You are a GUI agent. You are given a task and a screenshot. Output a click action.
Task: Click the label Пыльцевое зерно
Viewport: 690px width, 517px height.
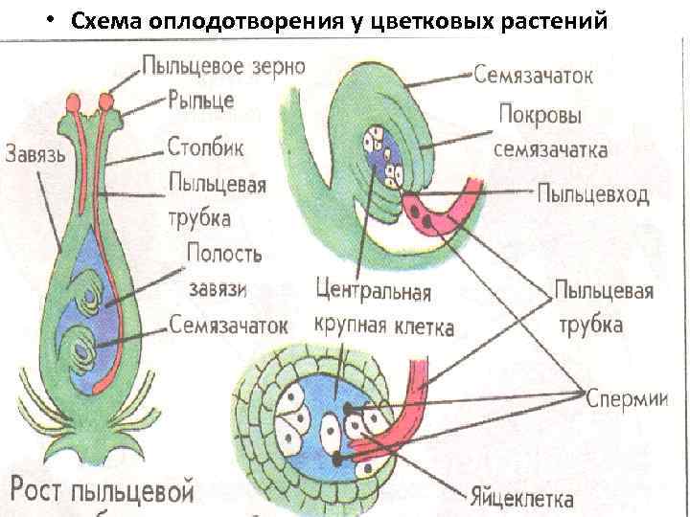tap(223, 67)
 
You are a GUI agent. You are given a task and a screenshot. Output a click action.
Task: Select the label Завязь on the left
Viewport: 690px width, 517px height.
tap(35, 153)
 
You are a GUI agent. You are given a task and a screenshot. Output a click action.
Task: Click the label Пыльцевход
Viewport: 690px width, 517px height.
tap(592, 194)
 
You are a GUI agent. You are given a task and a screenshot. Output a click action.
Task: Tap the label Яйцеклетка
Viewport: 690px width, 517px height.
tap(521, 499)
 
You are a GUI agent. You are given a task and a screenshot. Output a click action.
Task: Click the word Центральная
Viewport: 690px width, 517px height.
tap(373, 290)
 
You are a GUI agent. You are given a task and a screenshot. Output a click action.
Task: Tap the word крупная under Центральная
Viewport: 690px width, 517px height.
tap(350, 326)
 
